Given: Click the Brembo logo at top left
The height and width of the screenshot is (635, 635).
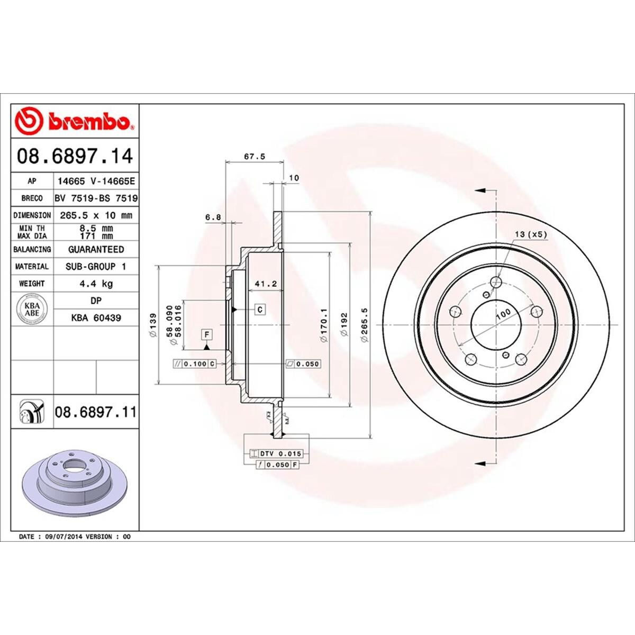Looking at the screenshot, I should [x=74, y=121].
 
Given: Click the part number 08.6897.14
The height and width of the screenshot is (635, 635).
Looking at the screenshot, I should [x=75, y=157].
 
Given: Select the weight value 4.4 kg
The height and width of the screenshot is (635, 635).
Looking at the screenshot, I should [x=96, y=284].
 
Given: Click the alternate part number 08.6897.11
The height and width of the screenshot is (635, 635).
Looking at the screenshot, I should [x=95, y=411].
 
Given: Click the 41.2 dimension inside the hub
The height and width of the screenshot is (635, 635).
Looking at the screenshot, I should [x=266, y=284].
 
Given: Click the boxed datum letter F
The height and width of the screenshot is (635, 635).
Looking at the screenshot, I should [x=206, y=334].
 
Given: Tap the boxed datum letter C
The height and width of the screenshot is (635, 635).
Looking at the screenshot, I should [x=261, y=309].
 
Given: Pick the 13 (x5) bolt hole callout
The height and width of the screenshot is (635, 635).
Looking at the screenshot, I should [x=530, y=233].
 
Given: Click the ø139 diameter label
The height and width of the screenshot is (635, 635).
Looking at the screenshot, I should [x=153, y=325].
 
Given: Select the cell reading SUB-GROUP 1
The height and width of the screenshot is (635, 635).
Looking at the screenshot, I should [x=96, y=267].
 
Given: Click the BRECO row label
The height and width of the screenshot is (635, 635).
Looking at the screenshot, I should [x=32, y=198].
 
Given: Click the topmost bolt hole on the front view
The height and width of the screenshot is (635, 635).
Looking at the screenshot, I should [x=496, y=282].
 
